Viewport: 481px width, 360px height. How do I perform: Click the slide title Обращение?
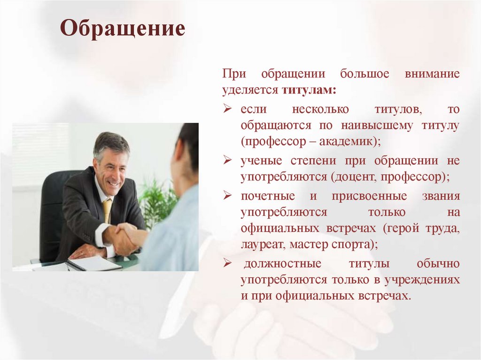(123, 29)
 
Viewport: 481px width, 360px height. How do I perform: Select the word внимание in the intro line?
(431, 74)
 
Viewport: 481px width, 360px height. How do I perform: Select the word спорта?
(354, 244)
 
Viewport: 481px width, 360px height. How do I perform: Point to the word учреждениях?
(422, 280)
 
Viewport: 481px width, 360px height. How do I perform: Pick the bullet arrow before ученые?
(227, 161)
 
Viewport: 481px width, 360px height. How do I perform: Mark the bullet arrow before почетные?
(227, 196)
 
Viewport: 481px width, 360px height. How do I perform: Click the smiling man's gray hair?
(111, 141)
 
